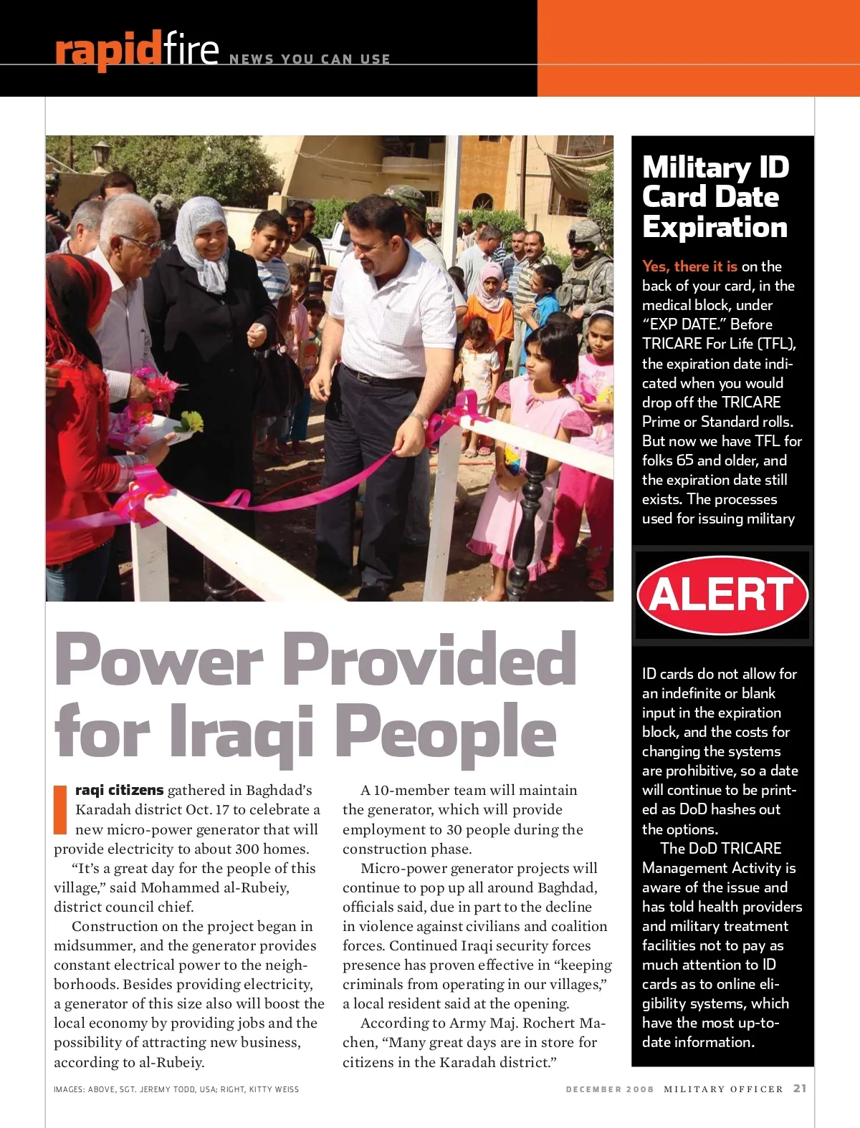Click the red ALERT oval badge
722,595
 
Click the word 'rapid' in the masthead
107,50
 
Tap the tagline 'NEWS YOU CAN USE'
310,59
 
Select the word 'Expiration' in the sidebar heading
715,227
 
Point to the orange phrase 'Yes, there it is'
689,266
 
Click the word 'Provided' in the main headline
430,660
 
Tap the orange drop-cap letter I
60,809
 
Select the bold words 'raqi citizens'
120,790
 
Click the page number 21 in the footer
800,1089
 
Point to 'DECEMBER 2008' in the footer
610,1089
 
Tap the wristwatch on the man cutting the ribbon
417,416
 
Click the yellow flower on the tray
191,421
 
